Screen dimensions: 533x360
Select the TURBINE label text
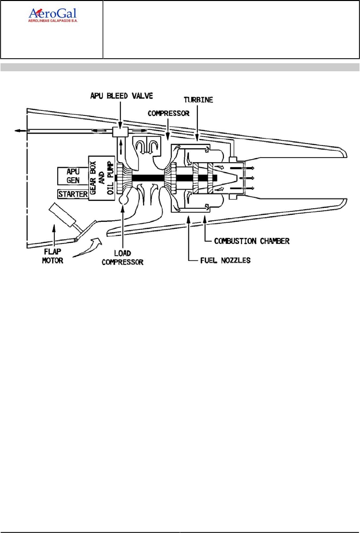coord(198,100)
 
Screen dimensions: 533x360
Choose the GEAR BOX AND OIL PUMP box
coord(102,177)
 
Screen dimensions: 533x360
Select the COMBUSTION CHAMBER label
coord(252,241)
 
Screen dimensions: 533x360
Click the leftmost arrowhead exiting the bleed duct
coord(19,131)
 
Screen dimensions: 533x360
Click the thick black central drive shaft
coord(151,178)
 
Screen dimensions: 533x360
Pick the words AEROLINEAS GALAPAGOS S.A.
coord(54,22)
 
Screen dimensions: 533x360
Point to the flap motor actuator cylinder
coord(61,214)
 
